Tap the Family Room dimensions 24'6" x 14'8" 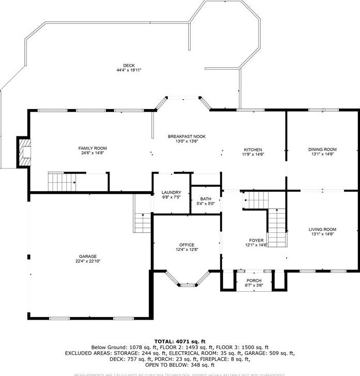[x=93, y=153]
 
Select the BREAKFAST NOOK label [x=186, y=136]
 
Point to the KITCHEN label [x=253, y=149]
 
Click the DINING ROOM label [x=322, y=149]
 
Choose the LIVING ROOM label [x=322, y=229]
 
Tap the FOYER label [x=256, y=241]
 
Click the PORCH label [x=254, y=280]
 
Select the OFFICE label [x=186, y=245]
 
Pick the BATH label [x=206, y=199]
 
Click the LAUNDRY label [x=171, y=192]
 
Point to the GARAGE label [x=88, y=256]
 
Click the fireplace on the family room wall [x=24, y=152]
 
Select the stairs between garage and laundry [x=142, y=223]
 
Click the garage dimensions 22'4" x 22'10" [x=88, y=261]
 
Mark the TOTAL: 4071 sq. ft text [x=180, y=341]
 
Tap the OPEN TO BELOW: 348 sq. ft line [x=180, y=365]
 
